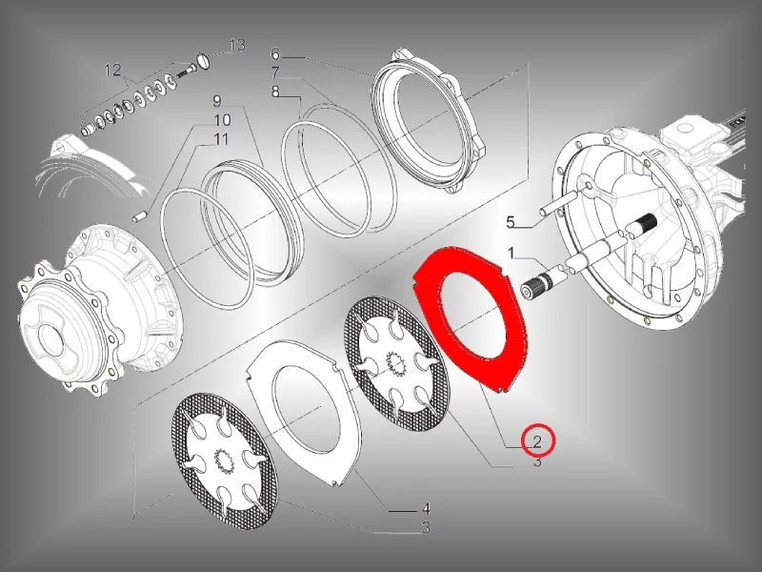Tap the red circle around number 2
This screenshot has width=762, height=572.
tap(538, 440)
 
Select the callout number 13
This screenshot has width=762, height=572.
tap(237, 45)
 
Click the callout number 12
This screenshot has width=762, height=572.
tap(112, 70)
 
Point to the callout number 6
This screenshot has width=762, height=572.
tap(275, 53)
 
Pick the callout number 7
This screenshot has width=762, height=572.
tap(275, 72)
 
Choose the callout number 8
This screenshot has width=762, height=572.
tap(275, 91)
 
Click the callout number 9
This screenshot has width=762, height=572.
tap(217, 101)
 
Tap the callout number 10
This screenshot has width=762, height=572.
tap(223, 120)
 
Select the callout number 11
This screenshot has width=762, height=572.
tap(222, 139)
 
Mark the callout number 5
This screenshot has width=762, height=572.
tap(511, 222)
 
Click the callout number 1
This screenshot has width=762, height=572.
tap(511, 253)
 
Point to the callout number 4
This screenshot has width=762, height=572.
tap(426, 509)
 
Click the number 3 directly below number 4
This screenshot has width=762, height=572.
tap(426, 527)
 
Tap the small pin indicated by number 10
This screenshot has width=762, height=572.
tap(139, 215)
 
